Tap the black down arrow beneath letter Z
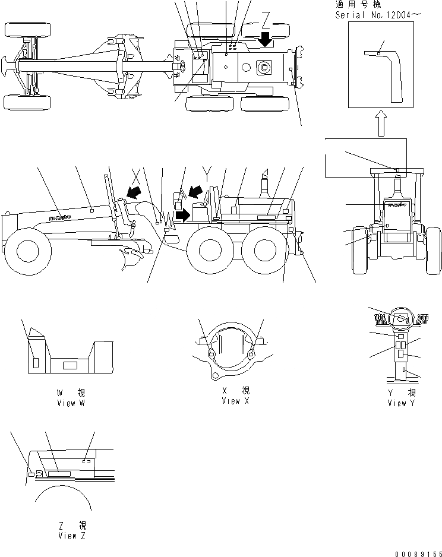click(266, 40)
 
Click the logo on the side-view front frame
click(60, 217)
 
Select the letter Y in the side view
click(206, 172)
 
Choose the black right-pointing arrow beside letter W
click(184, 214)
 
